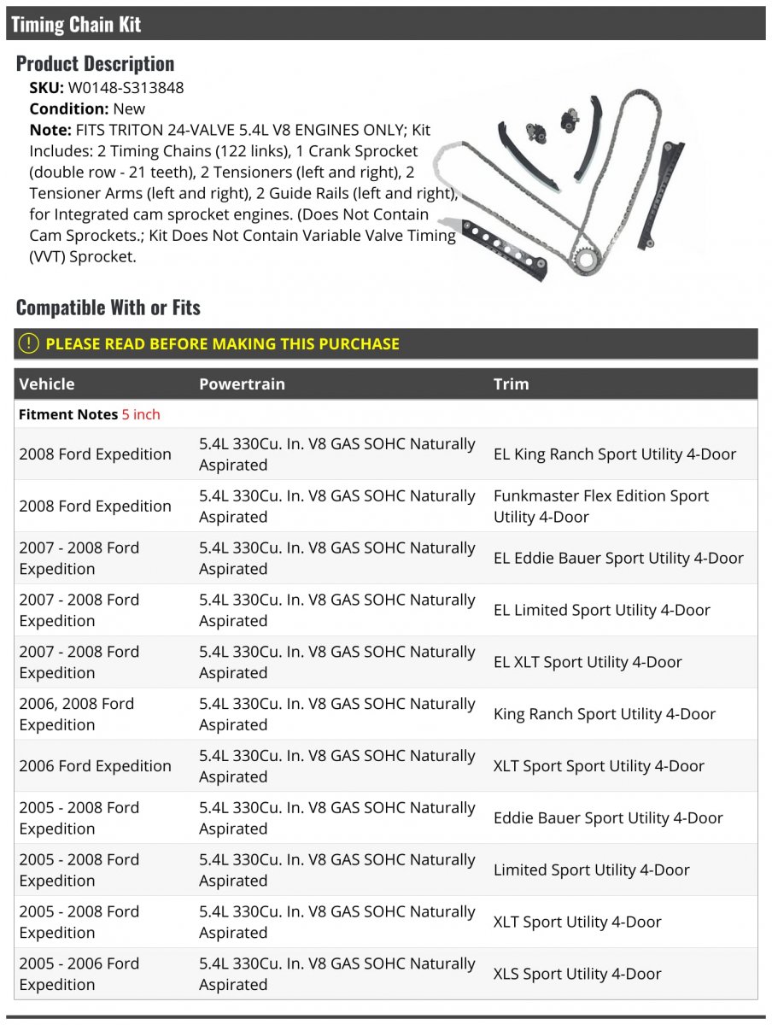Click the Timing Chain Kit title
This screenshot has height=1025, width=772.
(76, 24)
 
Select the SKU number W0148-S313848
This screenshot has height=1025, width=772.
(126, 87)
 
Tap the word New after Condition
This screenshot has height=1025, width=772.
(129, 108)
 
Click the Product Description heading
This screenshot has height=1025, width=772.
(95, 63)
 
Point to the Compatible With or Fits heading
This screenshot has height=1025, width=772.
(108, 307)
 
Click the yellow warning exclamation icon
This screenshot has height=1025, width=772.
(29, 343)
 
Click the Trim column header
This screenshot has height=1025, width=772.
(511, 384)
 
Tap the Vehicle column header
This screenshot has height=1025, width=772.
(47, 384)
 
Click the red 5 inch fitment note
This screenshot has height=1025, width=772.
(141, 414)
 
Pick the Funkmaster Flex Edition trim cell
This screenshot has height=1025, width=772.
(600, 506)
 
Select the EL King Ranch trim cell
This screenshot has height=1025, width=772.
(614, 454)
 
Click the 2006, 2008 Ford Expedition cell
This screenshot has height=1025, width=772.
(77, 714)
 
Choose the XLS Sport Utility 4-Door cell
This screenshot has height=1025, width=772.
(577, 974)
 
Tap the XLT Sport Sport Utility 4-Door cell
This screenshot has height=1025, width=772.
(599, 766)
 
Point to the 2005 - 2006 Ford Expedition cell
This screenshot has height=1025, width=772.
(79, 974)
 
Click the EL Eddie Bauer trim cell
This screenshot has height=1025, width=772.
(618, 558)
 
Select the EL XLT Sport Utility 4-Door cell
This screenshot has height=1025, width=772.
(588, 662)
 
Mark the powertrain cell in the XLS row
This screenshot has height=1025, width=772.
(336, 974)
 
